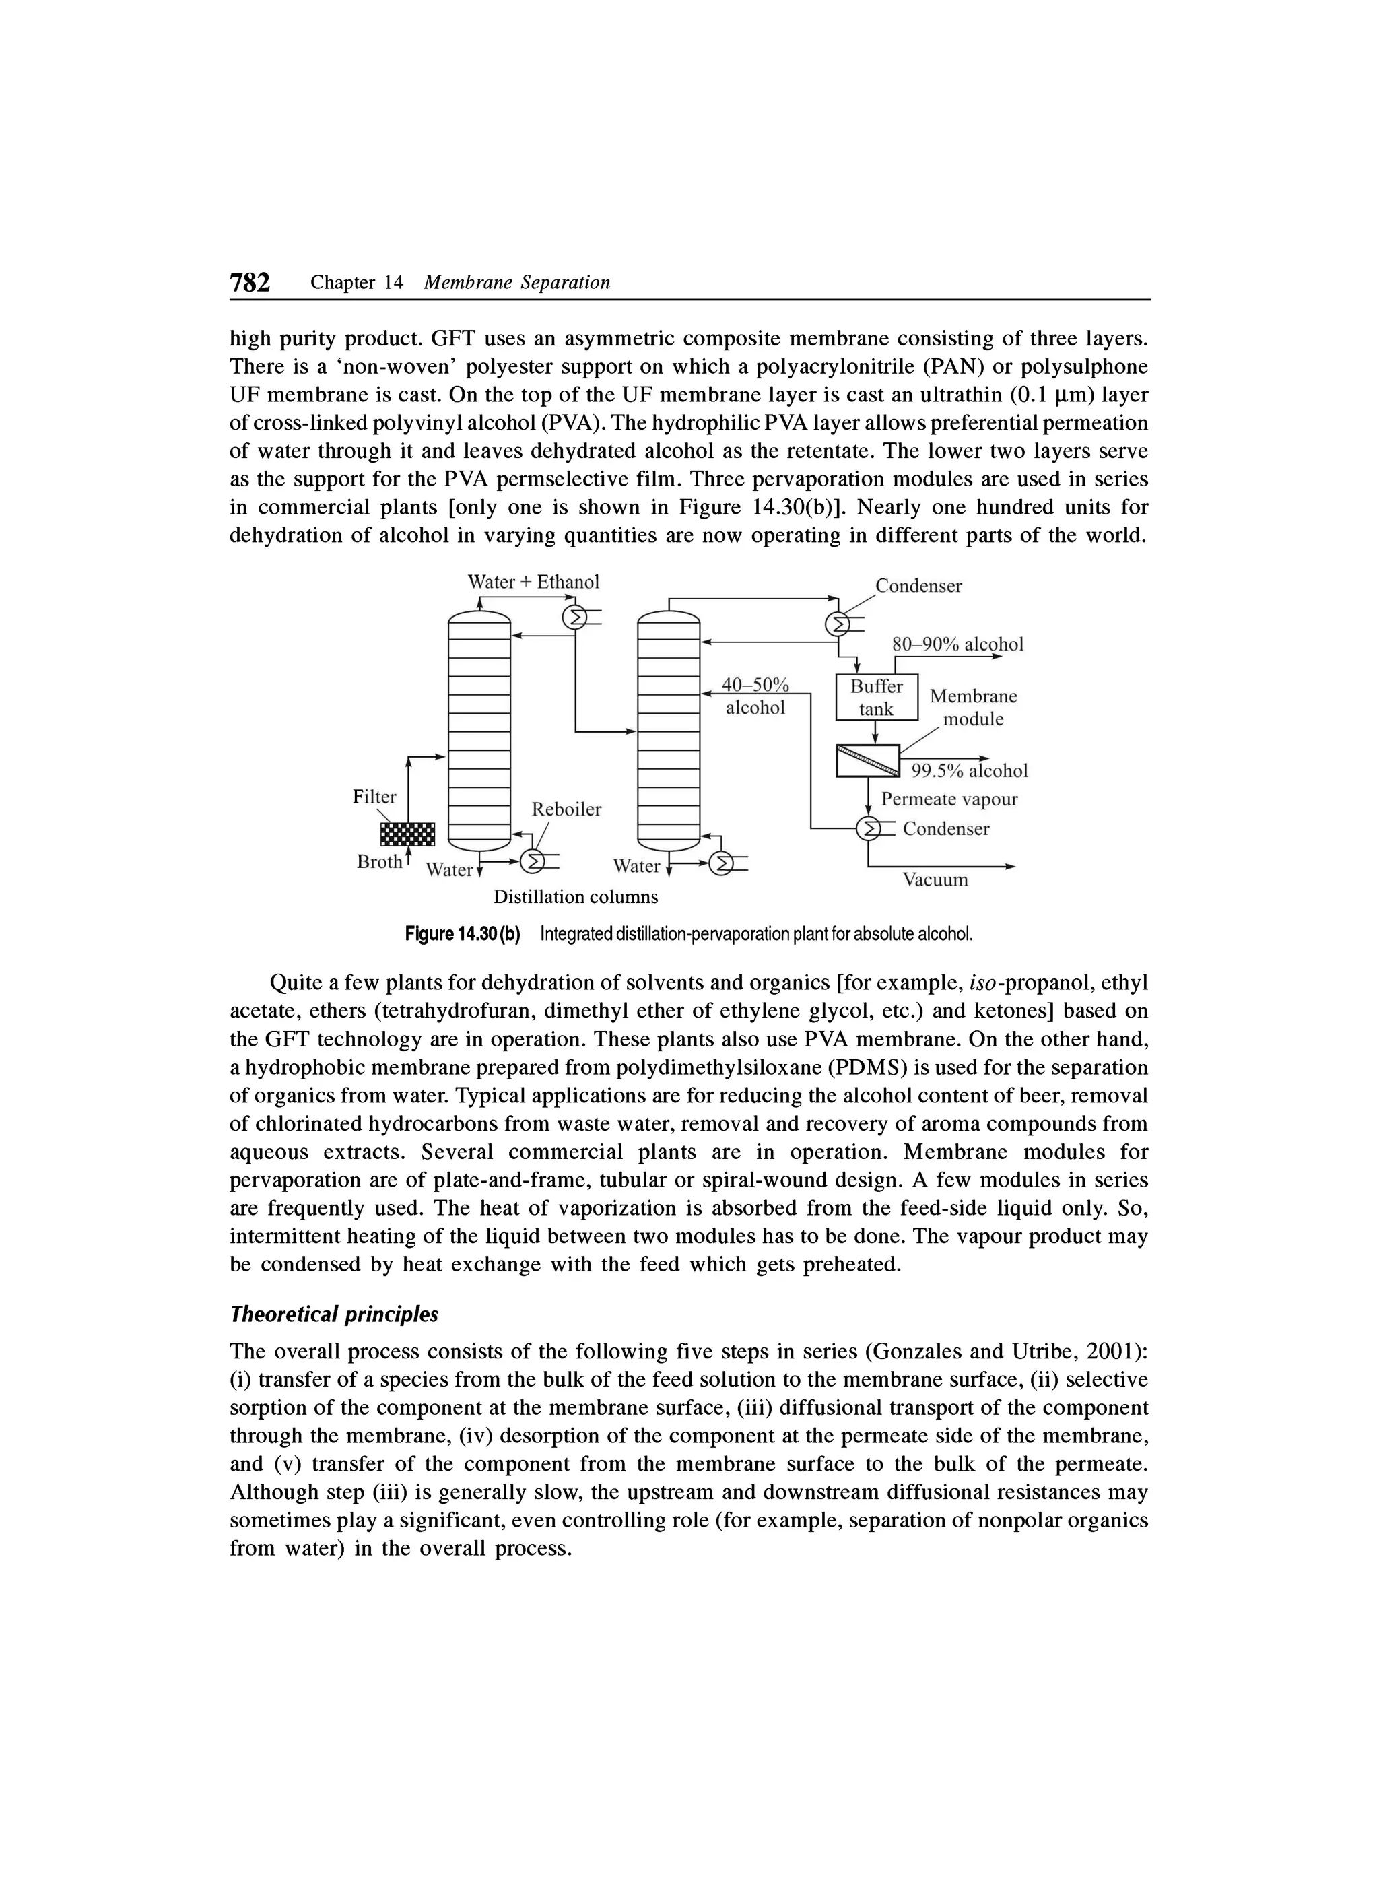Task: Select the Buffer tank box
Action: pyautogui.click(x=877, y=697)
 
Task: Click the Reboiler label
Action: pyautogui.click(x=566, y=809)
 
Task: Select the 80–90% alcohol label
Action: pyautogui.click(x=957, y=644)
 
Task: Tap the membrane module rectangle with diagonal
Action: pyautogui.click(x=868, y=760)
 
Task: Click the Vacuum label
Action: pyautogui.click(x=935, y=880)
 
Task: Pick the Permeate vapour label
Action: pyautogui.click(x=949, y=799)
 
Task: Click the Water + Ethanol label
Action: pyautogui.click(x=533, y=581)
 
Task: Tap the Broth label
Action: pyautogui.click(x=379, y=861)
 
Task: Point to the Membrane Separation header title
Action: pyautogui.click(x=517, y=283)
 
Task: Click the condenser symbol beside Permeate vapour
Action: pyautogui.click(x=871, y=829)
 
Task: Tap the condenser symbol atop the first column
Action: pyautogui.click(x=574, y=618)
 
